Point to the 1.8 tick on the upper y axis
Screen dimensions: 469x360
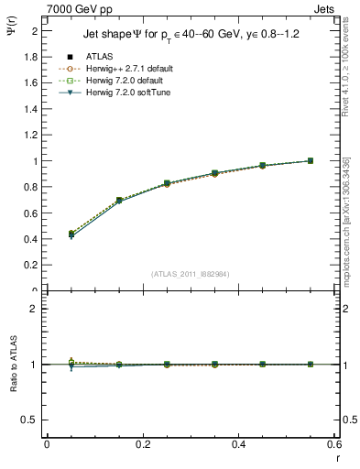tap(31, 57)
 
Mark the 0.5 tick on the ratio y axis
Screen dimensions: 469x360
tap(31, 420)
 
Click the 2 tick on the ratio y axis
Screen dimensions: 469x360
tap(34, 309)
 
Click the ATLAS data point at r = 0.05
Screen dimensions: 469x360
tap(71, 234)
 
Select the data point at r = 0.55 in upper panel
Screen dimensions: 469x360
tap(311, 161)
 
